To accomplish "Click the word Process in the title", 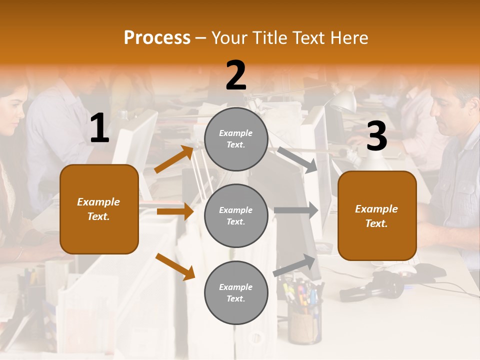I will [157, 38].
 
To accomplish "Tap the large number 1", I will [99, 128].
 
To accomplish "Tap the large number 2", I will [236, 76].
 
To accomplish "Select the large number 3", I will [377, 136].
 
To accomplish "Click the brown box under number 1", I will [99, 209].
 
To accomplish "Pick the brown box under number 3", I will [377, 215].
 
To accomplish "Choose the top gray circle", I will [236, 139].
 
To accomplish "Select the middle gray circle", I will [236, 215].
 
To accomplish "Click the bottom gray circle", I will [236, 292].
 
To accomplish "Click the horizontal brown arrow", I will [175, 211].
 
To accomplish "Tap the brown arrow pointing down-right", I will [175, 266].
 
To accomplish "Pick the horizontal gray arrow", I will [296, 210].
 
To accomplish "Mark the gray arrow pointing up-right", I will [294, 265].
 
